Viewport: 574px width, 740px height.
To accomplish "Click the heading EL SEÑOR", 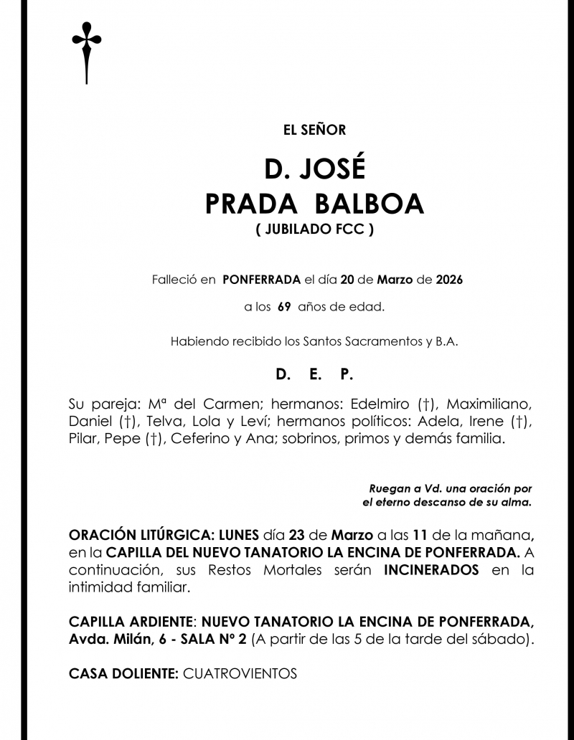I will pyautogui.click(x=314, y=130).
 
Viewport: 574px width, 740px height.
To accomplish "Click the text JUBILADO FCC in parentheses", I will pyautogui.click(x=314, y=231).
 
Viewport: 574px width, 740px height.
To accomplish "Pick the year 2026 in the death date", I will pyautogui.click(x=449, y=279).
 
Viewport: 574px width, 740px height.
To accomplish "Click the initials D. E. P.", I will pyautogui.click(x=314, y=375).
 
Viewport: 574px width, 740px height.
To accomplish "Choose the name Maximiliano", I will pyautogui.click(x=487, y=402).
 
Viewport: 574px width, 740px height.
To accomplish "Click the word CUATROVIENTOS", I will pyautogui.click(x=240, y=674).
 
